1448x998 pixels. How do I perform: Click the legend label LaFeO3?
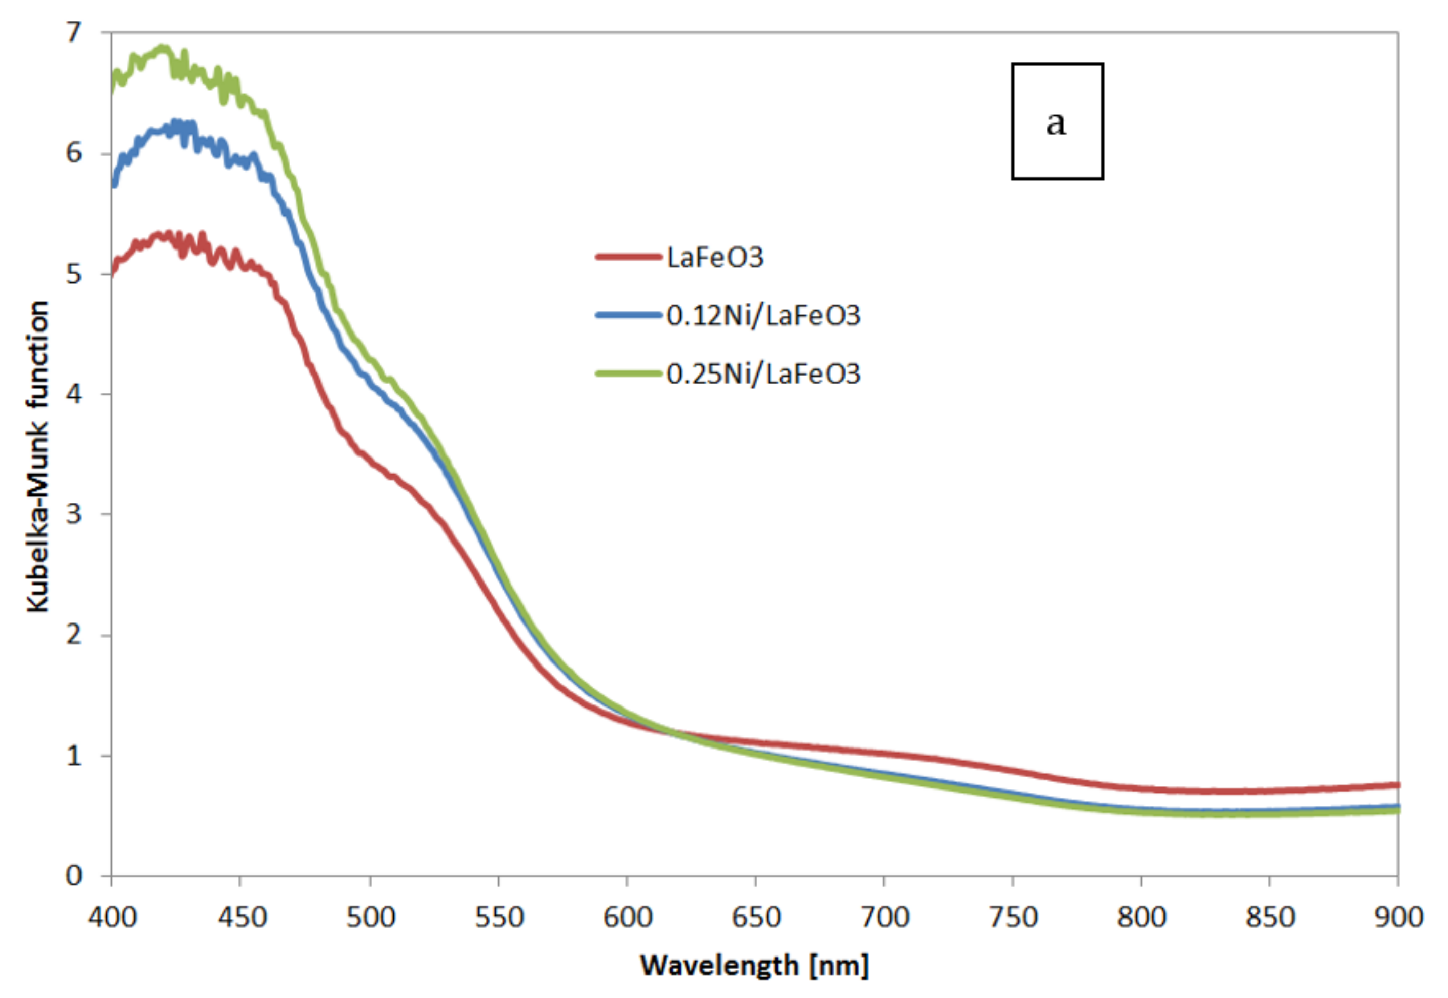tap(715, 258)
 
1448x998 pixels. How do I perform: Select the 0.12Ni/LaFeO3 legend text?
tap(763, 316)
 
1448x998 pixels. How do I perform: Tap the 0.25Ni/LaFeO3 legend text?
tap(763, 374)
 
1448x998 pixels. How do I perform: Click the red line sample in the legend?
tap(628, 257)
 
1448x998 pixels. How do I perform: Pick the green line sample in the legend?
tap(628, 374)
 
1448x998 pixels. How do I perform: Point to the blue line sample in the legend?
tap(628, 316)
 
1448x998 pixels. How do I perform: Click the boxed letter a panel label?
tap(1057, 121)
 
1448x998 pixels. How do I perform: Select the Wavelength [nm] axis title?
tap(754, 965)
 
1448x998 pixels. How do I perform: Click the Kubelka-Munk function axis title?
tap(37, 456)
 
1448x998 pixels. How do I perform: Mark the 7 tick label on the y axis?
tap(74, 32)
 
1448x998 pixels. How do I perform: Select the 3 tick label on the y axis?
tap(74, 514)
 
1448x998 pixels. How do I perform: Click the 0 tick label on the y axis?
tap(74, 876)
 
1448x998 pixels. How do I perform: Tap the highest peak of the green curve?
tap(163, 48)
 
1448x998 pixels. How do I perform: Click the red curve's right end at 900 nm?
tap(1396, 785)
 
